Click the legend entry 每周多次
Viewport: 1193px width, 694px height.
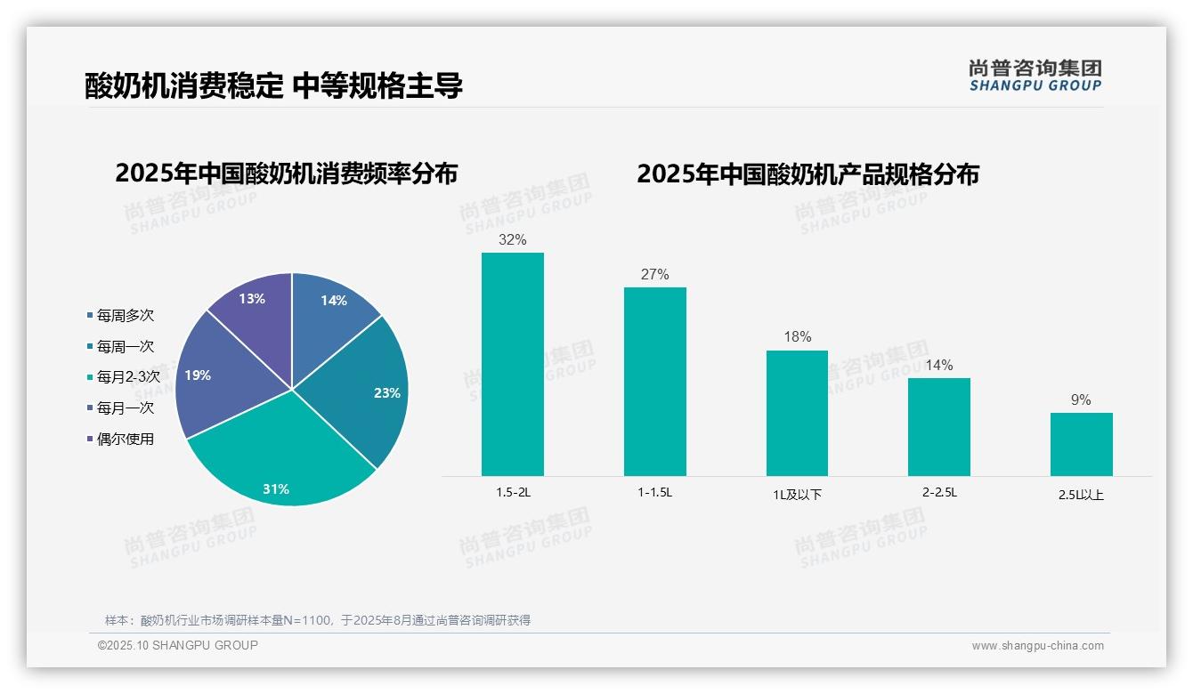click(x=125, y=316)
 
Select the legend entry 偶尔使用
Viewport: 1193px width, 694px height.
click(x=125, y=439)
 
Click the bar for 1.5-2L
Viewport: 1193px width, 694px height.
click(x=513, y=364)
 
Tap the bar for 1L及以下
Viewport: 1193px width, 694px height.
click(x=797, y=413)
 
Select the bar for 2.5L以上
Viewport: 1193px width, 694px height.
click(x=1081, y=444)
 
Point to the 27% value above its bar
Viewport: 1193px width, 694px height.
click(x=654, y=275)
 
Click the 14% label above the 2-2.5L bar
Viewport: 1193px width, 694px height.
click(x=938, y=366)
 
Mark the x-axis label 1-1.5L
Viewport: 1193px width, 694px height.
click(x=654, y=492)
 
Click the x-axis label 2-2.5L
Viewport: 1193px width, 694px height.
click(x=939, y=492)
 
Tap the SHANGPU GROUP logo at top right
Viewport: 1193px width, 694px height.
click(x=1035, y=76)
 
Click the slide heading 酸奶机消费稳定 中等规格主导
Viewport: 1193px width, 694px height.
click(x=274, y=86)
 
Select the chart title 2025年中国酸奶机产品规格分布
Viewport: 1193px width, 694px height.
click(x=808, y=174)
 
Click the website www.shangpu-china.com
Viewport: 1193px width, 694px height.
click(x=1037, y=646)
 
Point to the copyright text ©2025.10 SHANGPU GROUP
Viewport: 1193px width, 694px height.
click(x=178, y=646)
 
